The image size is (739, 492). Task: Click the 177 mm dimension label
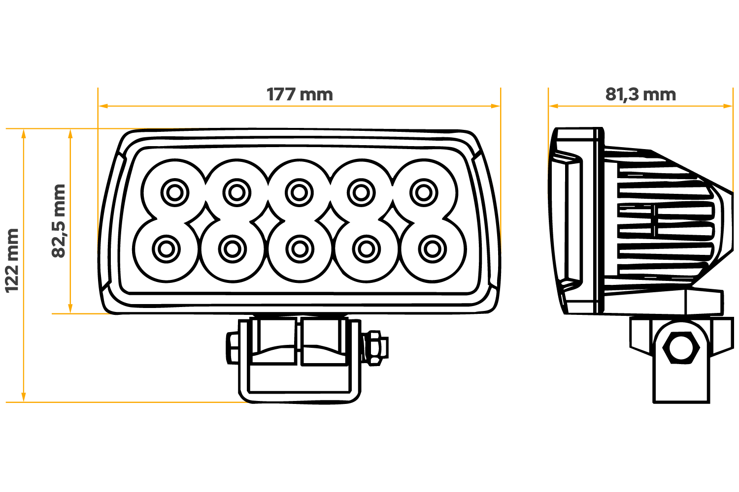(x=300, y=94)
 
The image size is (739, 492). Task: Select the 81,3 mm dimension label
(x=640, y=95)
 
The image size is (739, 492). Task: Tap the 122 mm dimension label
(x=12, y=261)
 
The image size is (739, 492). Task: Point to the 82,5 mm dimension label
(x=59, y=221)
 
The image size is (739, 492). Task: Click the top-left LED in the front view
(x=175, y=193)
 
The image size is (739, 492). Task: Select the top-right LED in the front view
(x=424, y=193)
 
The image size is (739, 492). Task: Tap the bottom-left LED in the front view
(x=167, y=249)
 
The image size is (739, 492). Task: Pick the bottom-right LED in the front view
(x=433, y=249)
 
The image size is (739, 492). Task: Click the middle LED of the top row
(x=299, y=193)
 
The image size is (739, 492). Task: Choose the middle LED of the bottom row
(x=300, y=249)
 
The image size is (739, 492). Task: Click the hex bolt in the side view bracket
(x=681, y=348)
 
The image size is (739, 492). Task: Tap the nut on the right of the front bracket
(x=375, y=348)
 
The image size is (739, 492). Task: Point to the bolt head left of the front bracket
(x=233, y=348)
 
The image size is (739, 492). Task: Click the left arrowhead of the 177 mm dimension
(x=103, y=106)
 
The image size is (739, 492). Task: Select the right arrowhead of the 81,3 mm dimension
(x=728, y=106)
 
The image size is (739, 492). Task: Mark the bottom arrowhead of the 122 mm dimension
(x=24, y=397)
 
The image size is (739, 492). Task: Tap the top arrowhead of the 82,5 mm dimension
(x=70, y=134)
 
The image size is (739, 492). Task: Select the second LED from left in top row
(x=237, y=193)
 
